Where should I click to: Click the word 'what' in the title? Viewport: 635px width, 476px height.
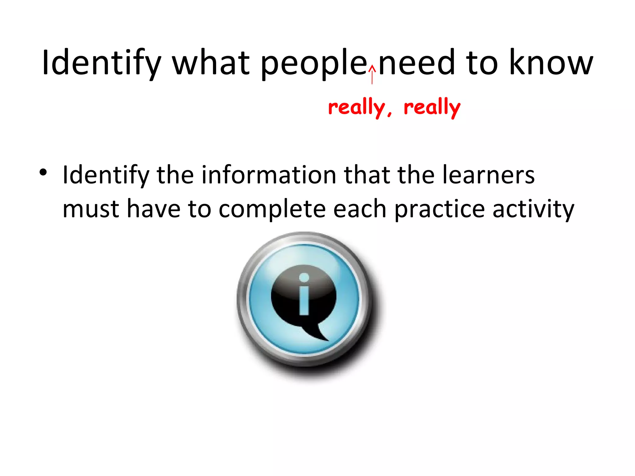click(x=211, y=63)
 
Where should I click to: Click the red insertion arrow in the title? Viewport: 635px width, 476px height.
click(x=372, y=74)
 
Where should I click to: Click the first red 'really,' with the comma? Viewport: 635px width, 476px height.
click(x=360, y=108)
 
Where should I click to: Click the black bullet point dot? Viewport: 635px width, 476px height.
click(x=43, y=172)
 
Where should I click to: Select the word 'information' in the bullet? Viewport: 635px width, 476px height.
click(x=269, y=175)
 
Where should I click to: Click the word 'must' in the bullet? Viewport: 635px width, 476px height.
click(x=91, y=209)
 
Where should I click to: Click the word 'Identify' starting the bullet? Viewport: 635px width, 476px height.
click(x=106, y=176)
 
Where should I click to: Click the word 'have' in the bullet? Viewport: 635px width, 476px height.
click(x=153, y=209)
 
